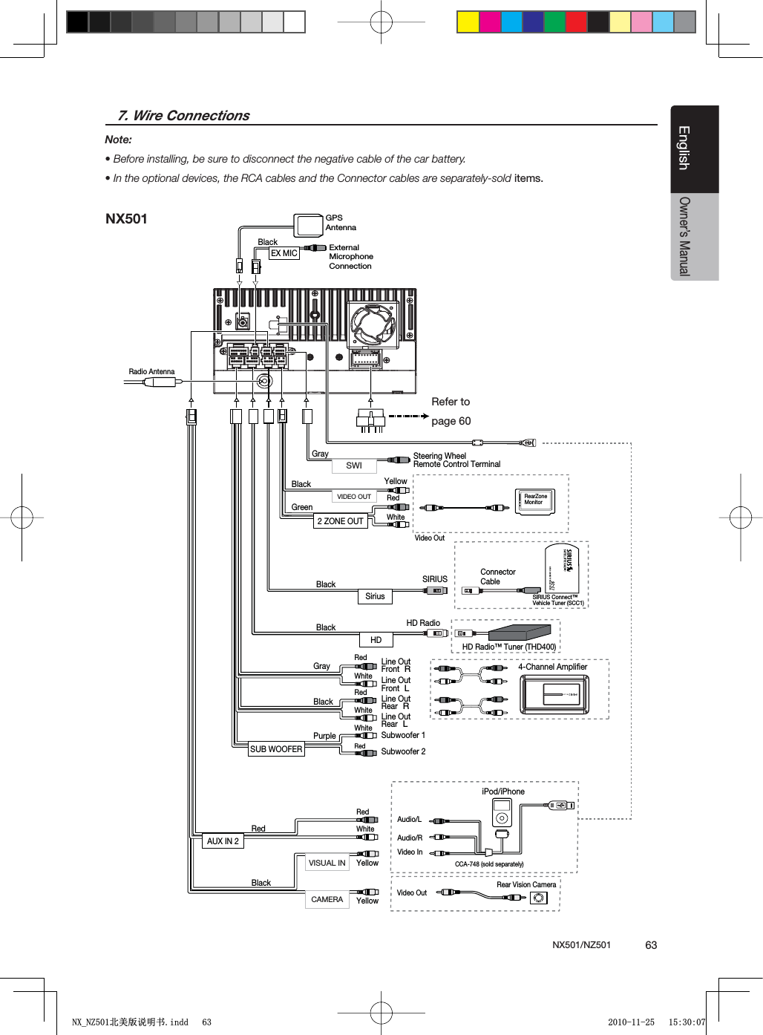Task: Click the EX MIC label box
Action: click(284, 253)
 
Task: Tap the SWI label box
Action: click(354, 466)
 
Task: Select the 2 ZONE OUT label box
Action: click(341, 521)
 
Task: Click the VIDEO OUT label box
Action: click(354, 497)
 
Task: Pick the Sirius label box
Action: click(375, 596)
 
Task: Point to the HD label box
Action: click(376, 640)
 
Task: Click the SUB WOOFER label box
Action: click(276, 749)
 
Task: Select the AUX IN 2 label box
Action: click(223, 841)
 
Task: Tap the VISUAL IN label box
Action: click(327, 863)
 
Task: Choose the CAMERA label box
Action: click(327, 899)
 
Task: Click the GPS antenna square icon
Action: click(308, 224)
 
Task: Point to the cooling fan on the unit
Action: click(375, 324)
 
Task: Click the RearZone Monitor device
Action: click(535, 500)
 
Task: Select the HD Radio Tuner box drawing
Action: click(520, 633)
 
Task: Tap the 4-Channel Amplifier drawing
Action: click(554, 694)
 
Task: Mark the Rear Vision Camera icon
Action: click(539, 898)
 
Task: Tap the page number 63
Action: click(651, 945)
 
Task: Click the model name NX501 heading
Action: click(126, 219)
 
